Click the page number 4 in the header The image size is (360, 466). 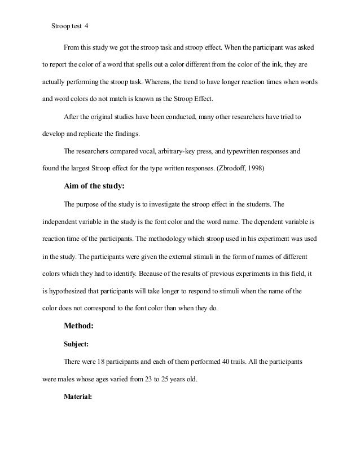click(86, 25)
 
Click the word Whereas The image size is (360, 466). click(162, 82)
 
